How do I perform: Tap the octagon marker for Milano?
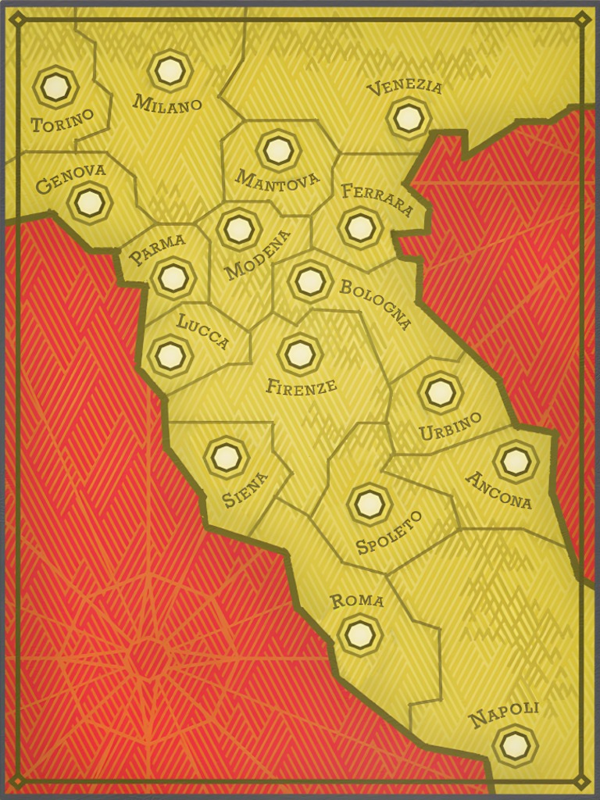pyautogui.click(x=170, y=70)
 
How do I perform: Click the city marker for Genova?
pyautogui.click(x=90, y=203)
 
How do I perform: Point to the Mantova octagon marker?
pyautogui.click(x=278, y=150)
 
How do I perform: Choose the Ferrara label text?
pyautogui.click(x=377, y=200)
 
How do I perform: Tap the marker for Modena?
pyautogui.click(x=239, y=229)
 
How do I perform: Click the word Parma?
pyautogui.click(x=157, y=248)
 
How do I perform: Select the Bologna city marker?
pyautogui.click(x=310, y=281)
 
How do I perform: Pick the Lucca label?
pyautogui.click(x=202, y=331)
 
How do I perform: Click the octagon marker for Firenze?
pyautogui.click(x=300, y=354)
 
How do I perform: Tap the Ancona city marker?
pyautogui.click(x=516, y=462)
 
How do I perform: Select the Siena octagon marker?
pyautogui.click(x=227, y=457)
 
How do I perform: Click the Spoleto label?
pyautogui.click(x=388, y=532)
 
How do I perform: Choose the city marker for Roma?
pyautogui.click(x=359, y=634)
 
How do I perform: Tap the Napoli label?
pyautogui.click(x=504, y=714)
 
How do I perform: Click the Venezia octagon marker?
pyautogui.click(x=408, y=118)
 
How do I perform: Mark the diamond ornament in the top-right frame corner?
pyautogui.click(x=582, y=19)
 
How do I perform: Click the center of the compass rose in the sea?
pyautogui.click(x=148, y=655)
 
